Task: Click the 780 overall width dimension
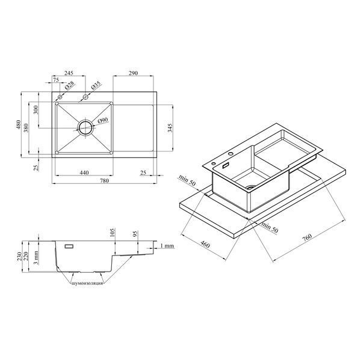point(105,181)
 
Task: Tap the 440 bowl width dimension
point(84,172)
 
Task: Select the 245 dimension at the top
point(69,73)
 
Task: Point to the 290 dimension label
point(134,73)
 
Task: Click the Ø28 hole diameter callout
point(70,85)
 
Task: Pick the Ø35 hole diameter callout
point(96,85)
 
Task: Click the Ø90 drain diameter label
point(103,120)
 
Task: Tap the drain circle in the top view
point(85,127)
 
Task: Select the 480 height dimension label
point(18,124)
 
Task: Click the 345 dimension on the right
point(170,128)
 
